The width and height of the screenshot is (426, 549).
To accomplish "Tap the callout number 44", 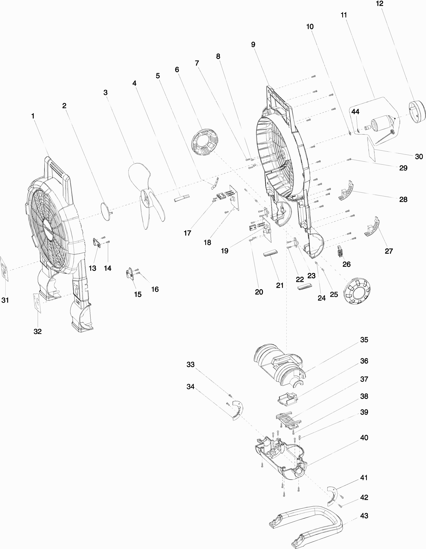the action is (355, 112).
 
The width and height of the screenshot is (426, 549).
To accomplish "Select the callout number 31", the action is (5, 300).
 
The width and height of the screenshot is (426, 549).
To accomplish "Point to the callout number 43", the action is (364, 516).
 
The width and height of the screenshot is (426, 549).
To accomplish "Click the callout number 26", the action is (346, 264).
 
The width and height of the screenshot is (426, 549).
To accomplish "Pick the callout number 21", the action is (280, 285).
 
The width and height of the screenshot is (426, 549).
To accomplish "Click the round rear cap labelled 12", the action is (417, 112).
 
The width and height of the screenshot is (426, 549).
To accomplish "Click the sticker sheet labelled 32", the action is (37, 303).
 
